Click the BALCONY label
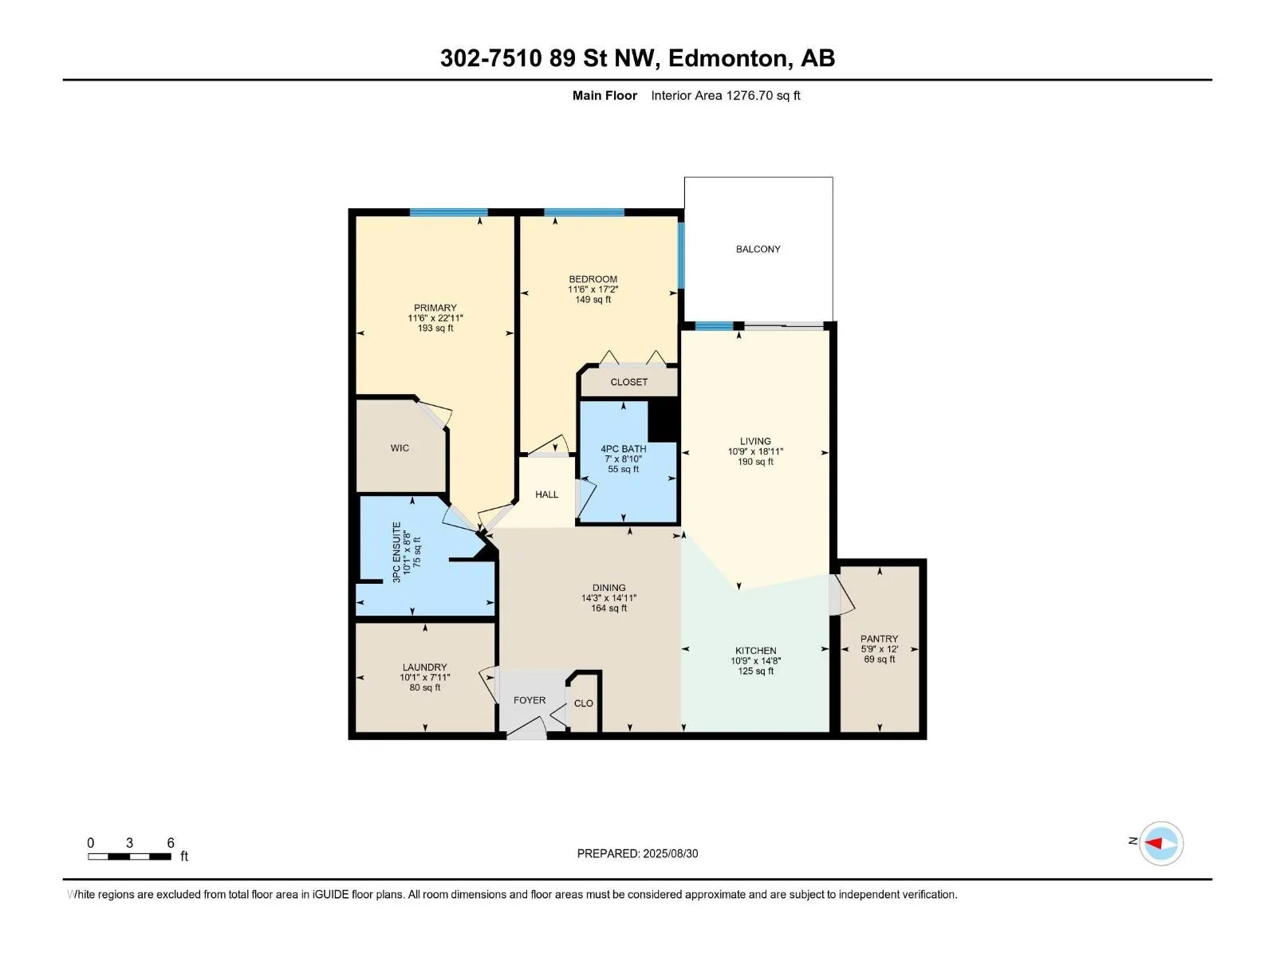point(758,250)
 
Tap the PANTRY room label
point(879,639)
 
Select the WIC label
point(400,448)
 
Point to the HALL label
point(546,494)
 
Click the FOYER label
point(529,700)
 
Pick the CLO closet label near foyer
point(583,703)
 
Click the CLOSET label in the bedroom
point(628,382)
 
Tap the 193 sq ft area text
point(435,329)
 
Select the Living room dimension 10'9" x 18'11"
point(755,451)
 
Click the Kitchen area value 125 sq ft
point(755,671)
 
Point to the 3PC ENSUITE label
point(396,552)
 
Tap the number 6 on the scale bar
point(171,842)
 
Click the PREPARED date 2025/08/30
point(670,853)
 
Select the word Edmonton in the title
point(731,59)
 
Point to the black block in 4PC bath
point(664,420)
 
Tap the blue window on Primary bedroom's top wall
point(449,212)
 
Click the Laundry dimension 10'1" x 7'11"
point(424,678)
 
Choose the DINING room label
point(608,588)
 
